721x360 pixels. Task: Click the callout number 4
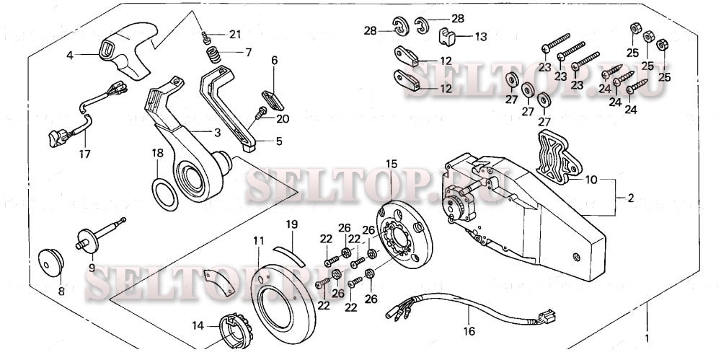tap(70, 55)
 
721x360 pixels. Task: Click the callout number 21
tap(236, 35)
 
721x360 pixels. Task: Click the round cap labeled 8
tap(50, 262)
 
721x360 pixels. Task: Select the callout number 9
tap(92, 268)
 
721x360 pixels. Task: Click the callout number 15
tap(392, 164)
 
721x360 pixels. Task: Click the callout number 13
tap(481, 36)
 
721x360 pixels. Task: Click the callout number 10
tap(590, 178)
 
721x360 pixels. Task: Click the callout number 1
tap(647, 338)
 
